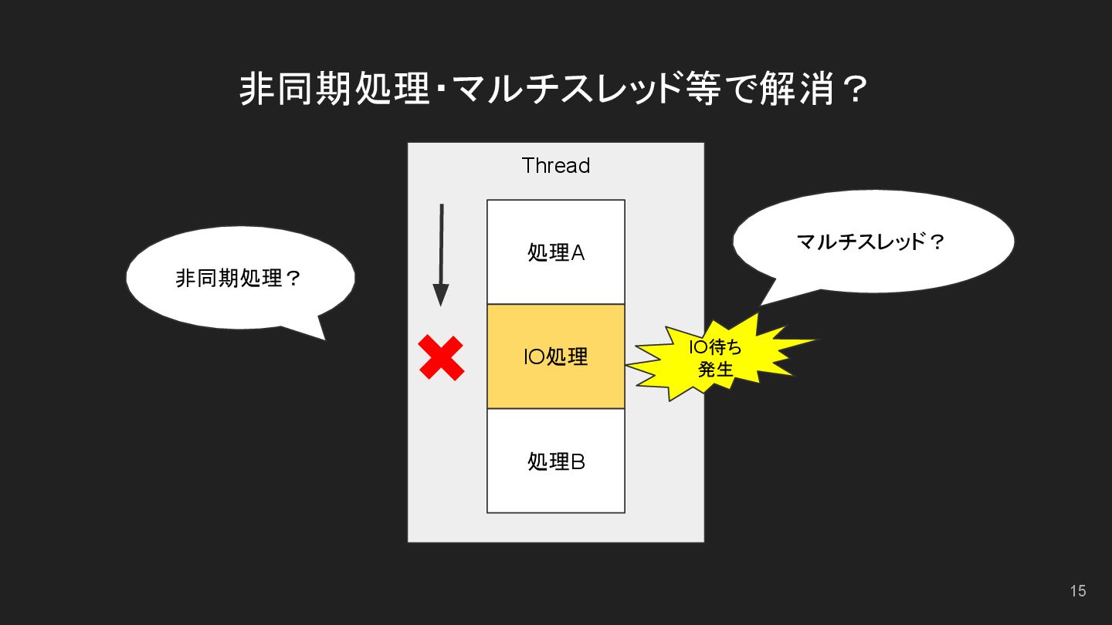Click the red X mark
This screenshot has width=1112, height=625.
pyautogui.click(x=441, y=358)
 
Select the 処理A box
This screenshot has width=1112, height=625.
pyautogui.click(x=555, y=252)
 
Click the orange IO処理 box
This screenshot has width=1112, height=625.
pyautogui.click(x=555, y=356)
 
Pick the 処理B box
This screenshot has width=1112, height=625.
pyautogui.click(x=555, y=461)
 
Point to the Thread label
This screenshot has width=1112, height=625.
pyautogui.click(x=555, y=165)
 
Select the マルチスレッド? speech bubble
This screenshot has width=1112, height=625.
pyautogui.click(x=872, y=242)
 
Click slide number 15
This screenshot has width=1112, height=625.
pyautogui.click(x=1078, y=591)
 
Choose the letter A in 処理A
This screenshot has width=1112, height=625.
pyautogui.click(x=577, y=252)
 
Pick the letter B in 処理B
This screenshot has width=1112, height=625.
pyautogui.click(x=577, y=461)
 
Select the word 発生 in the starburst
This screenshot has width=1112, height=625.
pyautogui.click(x=714, y=370)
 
